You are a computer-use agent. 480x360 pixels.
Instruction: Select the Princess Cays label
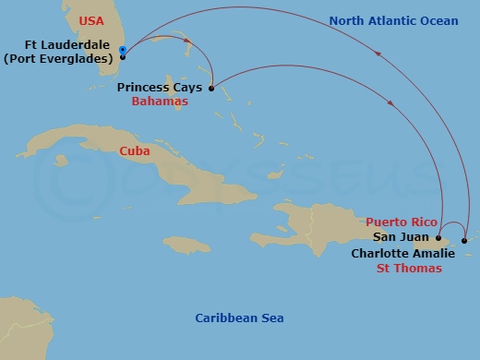point(160,88)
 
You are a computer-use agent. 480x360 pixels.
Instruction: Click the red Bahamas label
point(160,102)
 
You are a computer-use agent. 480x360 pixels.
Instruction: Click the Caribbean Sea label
point(239,318)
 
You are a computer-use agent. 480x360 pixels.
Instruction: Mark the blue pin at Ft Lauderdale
point(123,51)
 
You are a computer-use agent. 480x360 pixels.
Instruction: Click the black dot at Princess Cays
point(212,89)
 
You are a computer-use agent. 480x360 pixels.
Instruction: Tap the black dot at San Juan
point(438,237)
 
